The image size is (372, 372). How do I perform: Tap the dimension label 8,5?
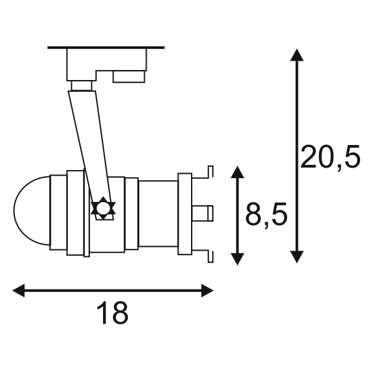(x=266, y=214)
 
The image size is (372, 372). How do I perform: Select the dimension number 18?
(x=112, y=313)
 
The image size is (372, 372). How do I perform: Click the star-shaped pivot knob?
(x=103, y=208)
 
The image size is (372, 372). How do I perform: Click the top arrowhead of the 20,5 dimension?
(x=296, y=55)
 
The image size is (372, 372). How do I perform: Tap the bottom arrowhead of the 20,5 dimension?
(x=296, y=257)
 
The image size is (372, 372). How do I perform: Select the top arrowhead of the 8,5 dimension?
(x=237, y=172)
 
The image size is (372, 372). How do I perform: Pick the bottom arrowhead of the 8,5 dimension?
(x=237, y=259)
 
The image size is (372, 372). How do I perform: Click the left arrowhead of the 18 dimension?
(x=19, y=290)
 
